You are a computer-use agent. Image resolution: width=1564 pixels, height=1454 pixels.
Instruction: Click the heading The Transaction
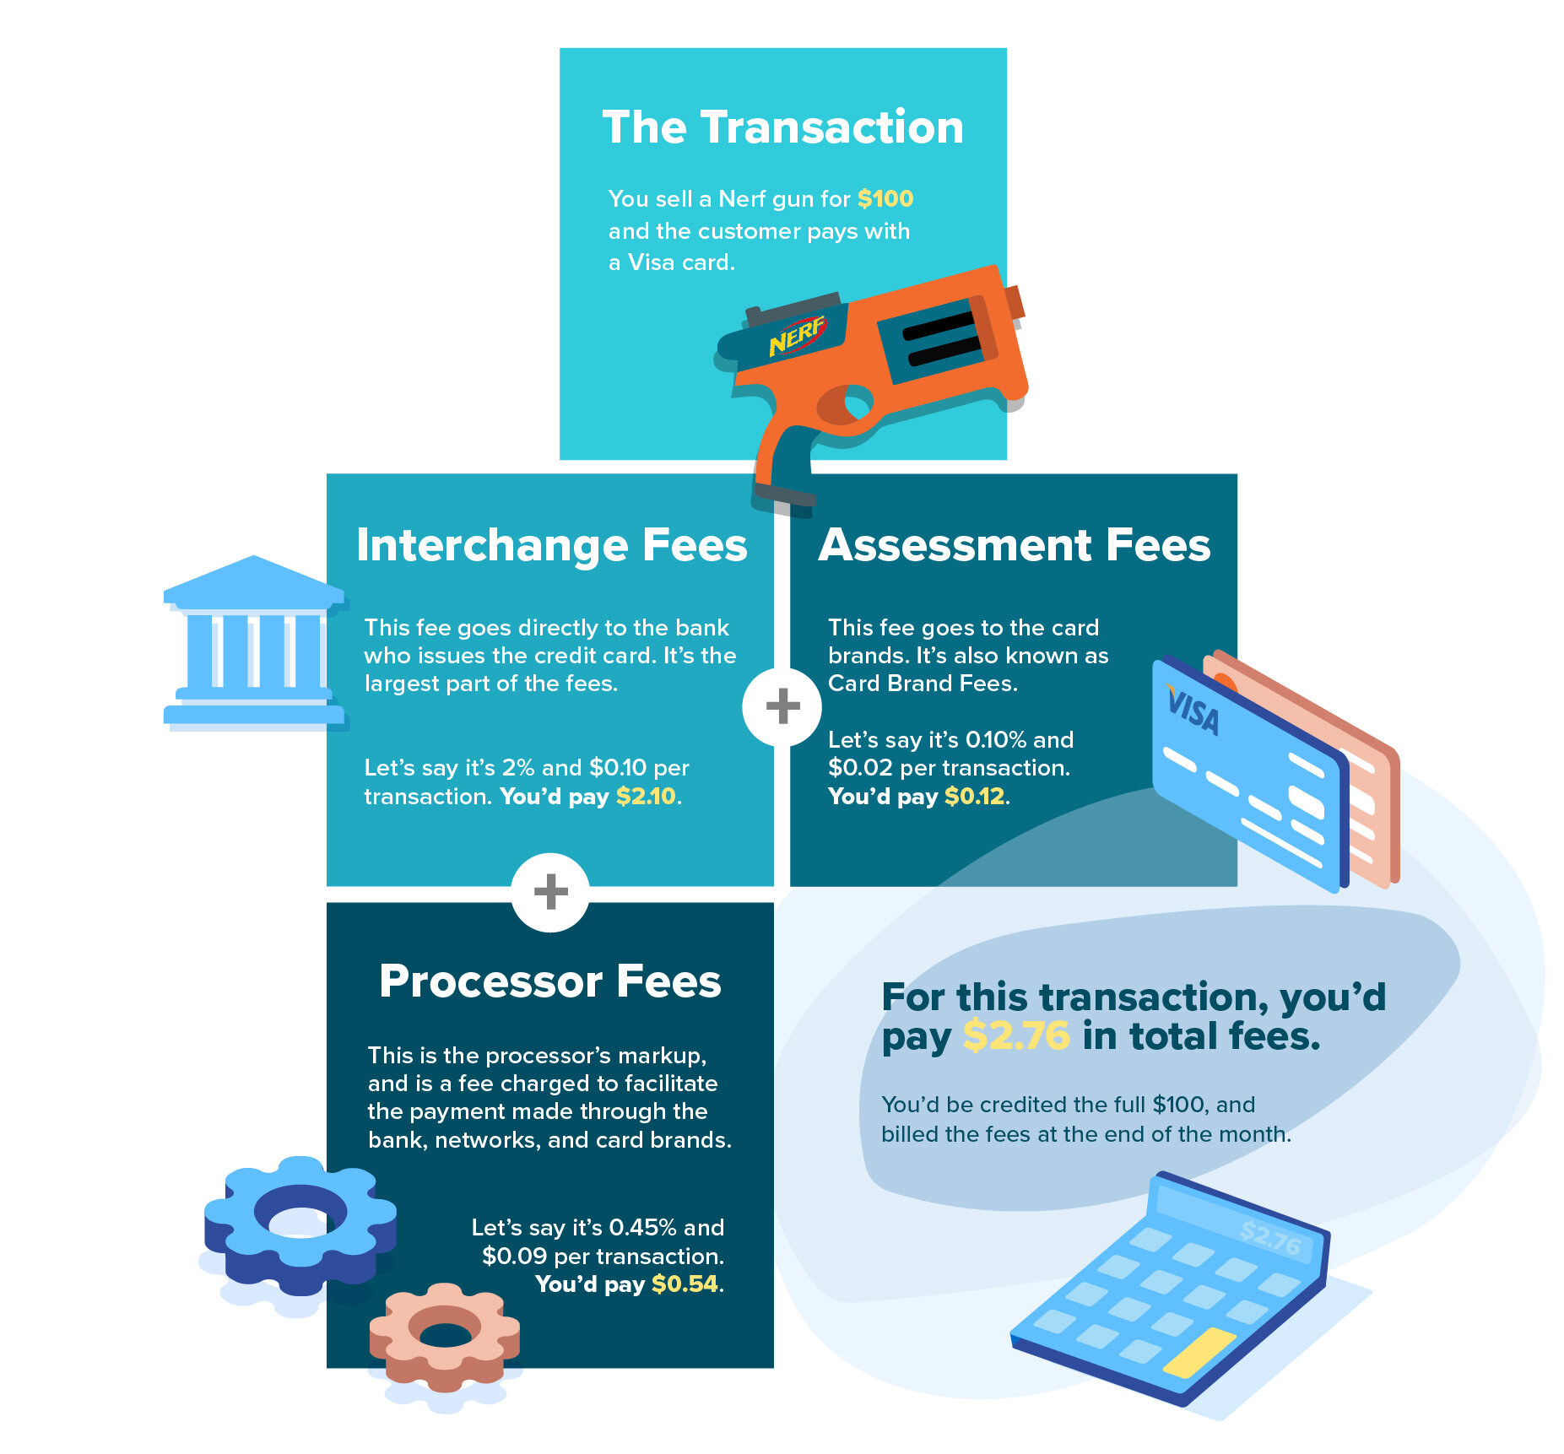pyautogui.click(x=782, y=127)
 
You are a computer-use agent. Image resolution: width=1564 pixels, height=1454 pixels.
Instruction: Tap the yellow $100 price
pyautogui.click(x=885, y=199)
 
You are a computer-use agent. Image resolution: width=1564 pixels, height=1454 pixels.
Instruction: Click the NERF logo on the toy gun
pyautogui.click(x=796, y=336)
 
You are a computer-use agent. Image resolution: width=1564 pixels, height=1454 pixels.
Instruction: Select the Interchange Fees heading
pyautogui.click(x=552, y=545)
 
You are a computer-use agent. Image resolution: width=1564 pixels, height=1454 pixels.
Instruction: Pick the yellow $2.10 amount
pyautogui.click(x=646, y=797)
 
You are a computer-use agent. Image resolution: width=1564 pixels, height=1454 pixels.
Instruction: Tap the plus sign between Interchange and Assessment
pyautogui.click(x=782, y=706)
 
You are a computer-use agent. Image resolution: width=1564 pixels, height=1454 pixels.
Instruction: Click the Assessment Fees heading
pyautogui.click(x=1014, y=545)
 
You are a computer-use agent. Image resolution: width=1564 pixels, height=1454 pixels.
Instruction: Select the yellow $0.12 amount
pyautogui.click(x=974, y=797)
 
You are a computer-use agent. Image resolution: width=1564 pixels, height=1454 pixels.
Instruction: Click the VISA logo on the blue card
pyautogui.click(x=1193, y=711)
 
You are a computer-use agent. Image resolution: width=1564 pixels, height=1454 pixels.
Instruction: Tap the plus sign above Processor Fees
pyautogui.click(x=550, y=892)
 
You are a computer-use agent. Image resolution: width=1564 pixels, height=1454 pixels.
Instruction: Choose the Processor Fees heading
pyautogui.click(x=550, y=981)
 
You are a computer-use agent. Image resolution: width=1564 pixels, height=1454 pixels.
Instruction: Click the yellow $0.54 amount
pyautogui.click(x=685, y=1284)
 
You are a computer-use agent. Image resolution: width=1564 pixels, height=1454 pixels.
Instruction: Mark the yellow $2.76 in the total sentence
pyautogui.click(x=1016, y=1036)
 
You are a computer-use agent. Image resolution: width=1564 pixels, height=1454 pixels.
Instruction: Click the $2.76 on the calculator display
pyautogui.click(x=1269, y=1238)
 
